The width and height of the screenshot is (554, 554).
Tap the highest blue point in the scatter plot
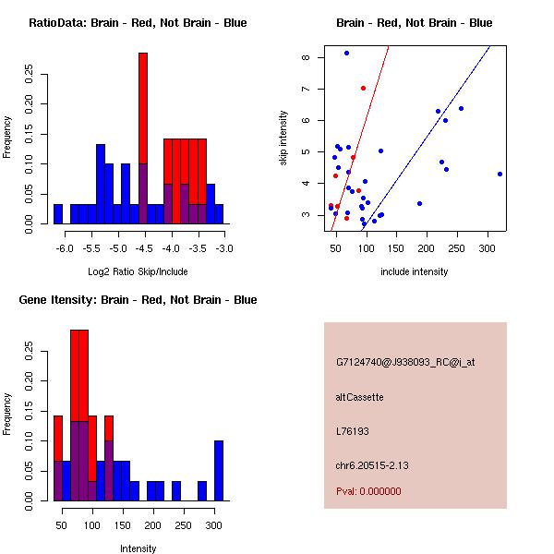point(346,53)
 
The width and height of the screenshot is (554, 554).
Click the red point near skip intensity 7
point(363,88)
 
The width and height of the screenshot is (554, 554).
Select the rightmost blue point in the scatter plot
point(500,174)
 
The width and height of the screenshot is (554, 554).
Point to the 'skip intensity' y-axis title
point(283,138)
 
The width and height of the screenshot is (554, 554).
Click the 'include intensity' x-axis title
point(415,272)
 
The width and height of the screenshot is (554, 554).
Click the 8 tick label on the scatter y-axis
point(306,57)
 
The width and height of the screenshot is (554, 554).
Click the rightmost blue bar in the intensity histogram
point(219,470)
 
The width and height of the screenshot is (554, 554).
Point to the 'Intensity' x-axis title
point(138,548)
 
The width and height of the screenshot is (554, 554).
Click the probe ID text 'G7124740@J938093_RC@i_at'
point(405,363)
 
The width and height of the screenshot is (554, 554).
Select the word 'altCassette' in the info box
point(359,397)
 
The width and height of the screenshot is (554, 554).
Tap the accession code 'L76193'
point(352,431)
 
